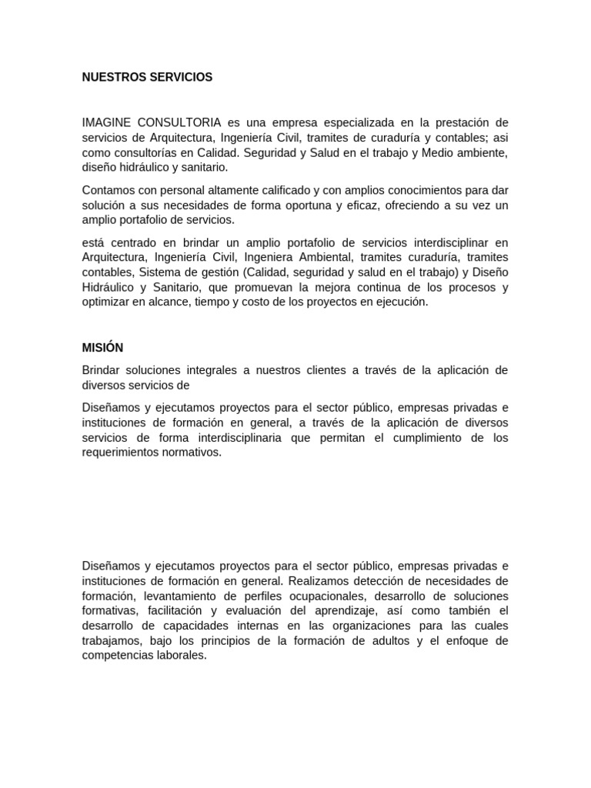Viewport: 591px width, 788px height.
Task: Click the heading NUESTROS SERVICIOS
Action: [147, 78]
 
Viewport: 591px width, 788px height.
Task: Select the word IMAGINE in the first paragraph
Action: [107, 123]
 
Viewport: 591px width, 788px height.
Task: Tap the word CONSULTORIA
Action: [181, 123]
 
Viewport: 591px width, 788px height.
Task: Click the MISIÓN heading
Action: [102, 348]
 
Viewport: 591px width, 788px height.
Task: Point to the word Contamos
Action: [107, 190]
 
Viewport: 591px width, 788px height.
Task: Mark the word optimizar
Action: [106, 302]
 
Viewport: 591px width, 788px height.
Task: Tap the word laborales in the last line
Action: [182, 656]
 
